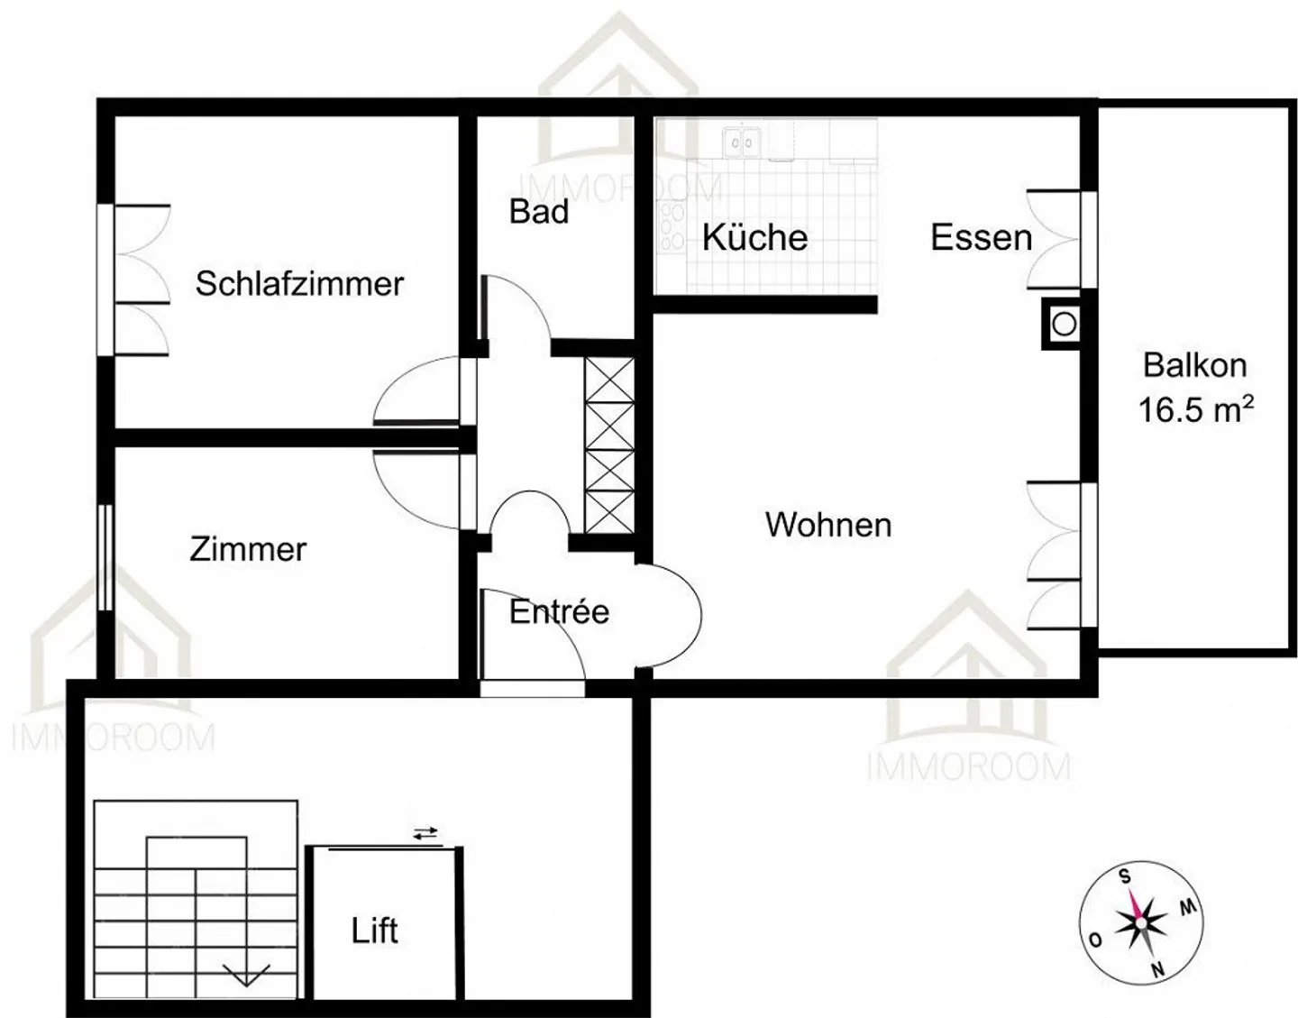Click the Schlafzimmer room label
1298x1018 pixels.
[x=299, y=284]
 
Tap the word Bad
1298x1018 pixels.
[x=539, y=212]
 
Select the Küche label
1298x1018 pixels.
[x=754, y=238]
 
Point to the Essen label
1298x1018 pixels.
[x=981, y=238]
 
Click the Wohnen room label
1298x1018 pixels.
[x=828, y=525]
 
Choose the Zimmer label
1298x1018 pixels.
[x=248, y=549]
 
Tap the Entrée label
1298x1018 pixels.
[x=559, y=612]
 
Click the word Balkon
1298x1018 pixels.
[x=1195, y=365]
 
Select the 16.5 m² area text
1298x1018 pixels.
[x=1195, y=409]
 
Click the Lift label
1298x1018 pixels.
[x=375, y=931]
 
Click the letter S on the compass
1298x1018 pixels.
[x=1124, y=876]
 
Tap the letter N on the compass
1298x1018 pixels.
[x=1157, y=970]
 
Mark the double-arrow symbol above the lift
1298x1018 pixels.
[x=425, y=834]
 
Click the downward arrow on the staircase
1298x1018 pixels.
[x=246, y=976]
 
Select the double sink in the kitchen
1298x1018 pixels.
[x=742, y=142]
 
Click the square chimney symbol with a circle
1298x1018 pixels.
[x=1065, y=324]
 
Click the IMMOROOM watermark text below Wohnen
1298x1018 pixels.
[x=968, y=767]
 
